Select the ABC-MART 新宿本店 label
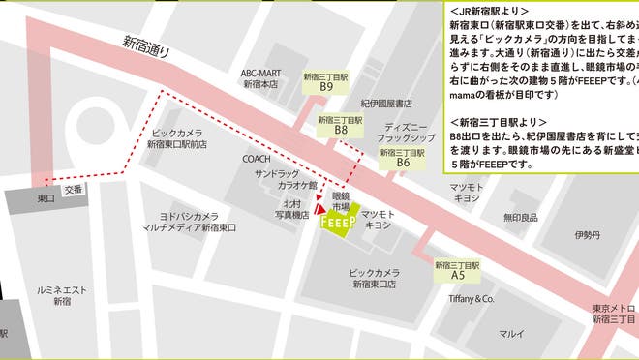pyautogui.click(x=260, y=78)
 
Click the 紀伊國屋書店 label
pyautogui.click(x=386, y=103)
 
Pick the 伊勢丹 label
pyautogui.click(x=587, y=235)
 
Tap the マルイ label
pyautogui.click(x=511, y=334)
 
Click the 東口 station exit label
pyautogui.click(x=46, y=197)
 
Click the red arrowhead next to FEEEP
pyautogui.click(x=317, y=207)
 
